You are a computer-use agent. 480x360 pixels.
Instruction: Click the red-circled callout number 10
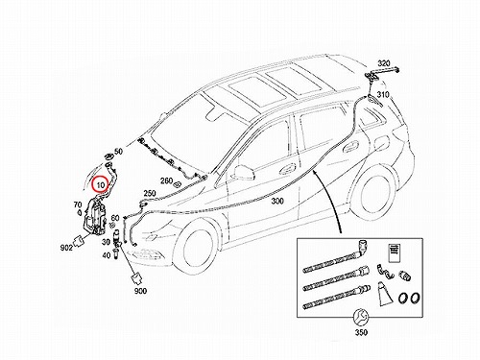(101, 185)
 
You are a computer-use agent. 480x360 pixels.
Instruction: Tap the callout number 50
(118, 152)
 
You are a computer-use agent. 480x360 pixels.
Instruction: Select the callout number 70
(78, 204)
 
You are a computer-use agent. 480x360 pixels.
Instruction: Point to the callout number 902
(66, 248)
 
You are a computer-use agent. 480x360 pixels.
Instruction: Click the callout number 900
(140, 291)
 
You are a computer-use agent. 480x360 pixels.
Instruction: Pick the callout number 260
(166, 181)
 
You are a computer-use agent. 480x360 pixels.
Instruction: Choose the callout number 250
(150, 194)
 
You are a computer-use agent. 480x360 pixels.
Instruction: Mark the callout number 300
(277, 201)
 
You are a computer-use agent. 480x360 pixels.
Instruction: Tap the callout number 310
(383, 95)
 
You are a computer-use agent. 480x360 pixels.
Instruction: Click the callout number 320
(384, 62)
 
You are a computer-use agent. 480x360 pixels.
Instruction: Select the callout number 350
(361, 332)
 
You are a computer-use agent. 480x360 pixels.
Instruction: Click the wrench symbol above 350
(361, 317)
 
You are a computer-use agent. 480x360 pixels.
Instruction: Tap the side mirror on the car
(244, 172)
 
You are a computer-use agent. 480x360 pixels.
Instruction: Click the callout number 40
(107, 255)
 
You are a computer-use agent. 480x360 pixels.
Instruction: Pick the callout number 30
(106, 242)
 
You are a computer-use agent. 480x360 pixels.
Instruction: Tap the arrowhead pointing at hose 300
(315, 174)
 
